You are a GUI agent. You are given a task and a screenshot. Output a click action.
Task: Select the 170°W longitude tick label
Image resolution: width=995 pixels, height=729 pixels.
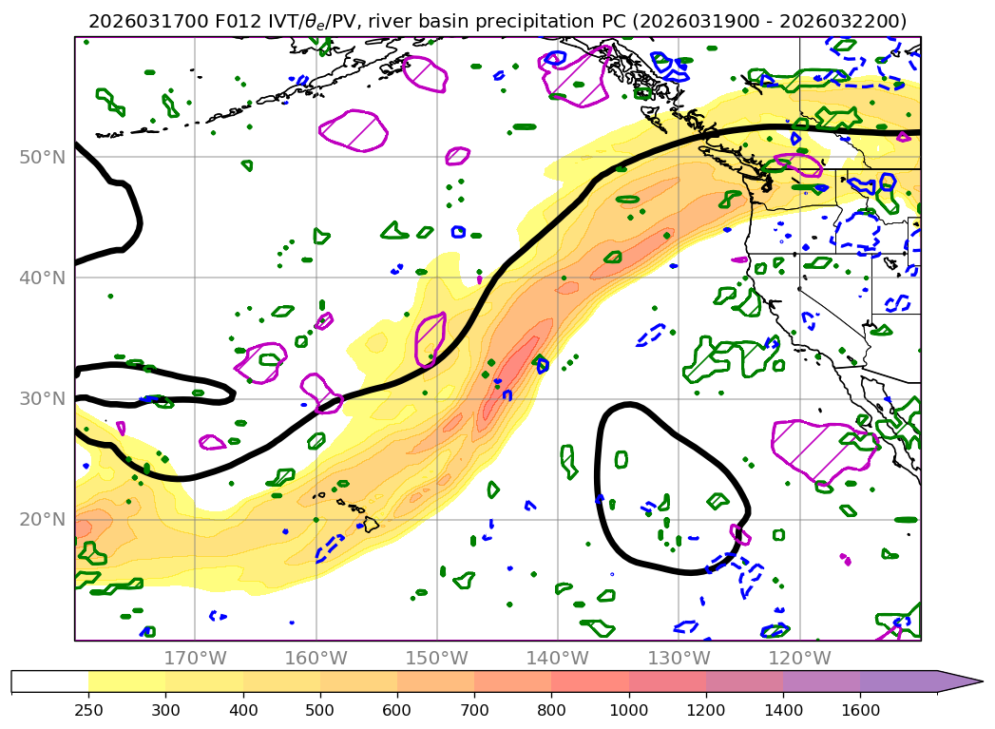click(195, 658)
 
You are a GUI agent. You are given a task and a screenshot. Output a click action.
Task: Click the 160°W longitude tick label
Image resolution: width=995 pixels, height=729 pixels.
click(316, 658)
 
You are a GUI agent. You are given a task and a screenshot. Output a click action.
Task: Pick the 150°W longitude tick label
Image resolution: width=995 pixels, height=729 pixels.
click(436, 658)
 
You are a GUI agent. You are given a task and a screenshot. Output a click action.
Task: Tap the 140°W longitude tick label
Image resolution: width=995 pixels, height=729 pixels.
click(558, 658)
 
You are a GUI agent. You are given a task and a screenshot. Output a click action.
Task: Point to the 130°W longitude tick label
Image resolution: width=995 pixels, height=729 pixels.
click(679, 658)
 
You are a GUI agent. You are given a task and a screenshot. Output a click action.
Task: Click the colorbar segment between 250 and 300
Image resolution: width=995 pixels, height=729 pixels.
click(126, 681)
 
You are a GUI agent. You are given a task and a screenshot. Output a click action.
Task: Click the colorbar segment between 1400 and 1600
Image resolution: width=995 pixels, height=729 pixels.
click(821, 681)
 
